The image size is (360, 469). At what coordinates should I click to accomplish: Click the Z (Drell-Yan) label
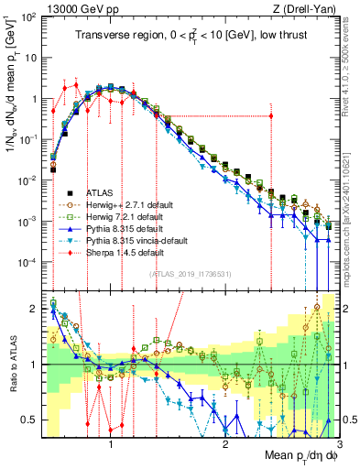click(302, 7)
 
